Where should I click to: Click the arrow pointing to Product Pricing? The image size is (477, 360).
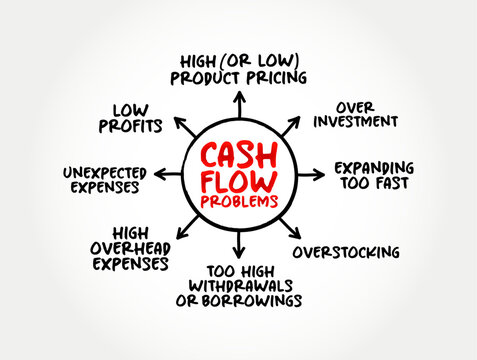239,103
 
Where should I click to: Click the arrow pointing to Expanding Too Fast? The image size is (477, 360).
312,174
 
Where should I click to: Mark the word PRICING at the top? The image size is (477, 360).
271,77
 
